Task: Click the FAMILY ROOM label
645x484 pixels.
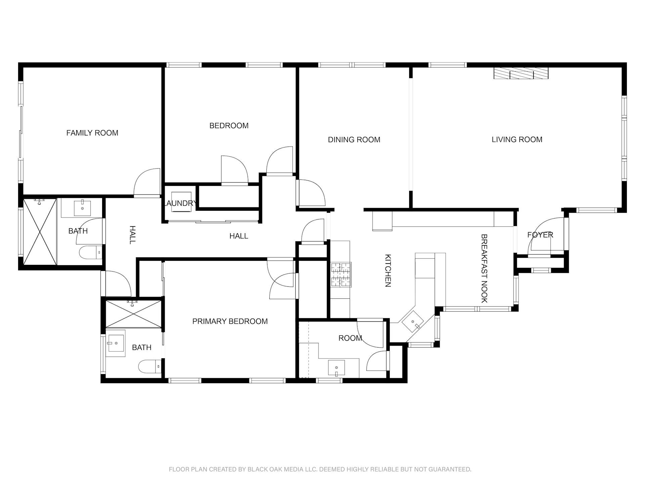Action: tap(92, 133)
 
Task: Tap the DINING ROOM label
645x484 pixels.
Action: tap(354, 139)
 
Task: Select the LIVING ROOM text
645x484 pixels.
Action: tap(517, 139)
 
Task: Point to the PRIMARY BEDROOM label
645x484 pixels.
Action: tap(230, 321)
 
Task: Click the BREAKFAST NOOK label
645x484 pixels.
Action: tap(484, 269)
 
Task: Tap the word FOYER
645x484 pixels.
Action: tap(540, 235)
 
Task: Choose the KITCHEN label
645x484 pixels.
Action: tap(388, 271)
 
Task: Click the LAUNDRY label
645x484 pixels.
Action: tap(180, 203)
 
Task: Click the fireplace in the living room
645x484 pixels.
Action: tap(521, 73)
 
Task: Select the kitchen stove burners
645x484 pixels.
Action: tap(341, 275)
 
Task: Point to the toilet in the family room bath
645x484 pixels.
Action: tap(90, 252)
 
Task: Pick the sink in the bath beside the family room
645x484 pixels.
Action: tap(82, 208)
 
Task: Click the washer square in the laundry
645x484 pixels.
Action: tap(181, 202)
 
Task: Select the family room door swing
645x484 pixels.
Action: tap(147, 182)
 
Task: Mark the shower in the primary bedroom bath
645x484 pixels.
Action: tap(134, 314)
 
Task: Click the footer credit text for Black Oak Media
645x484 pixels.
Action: tap(320, 469)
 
